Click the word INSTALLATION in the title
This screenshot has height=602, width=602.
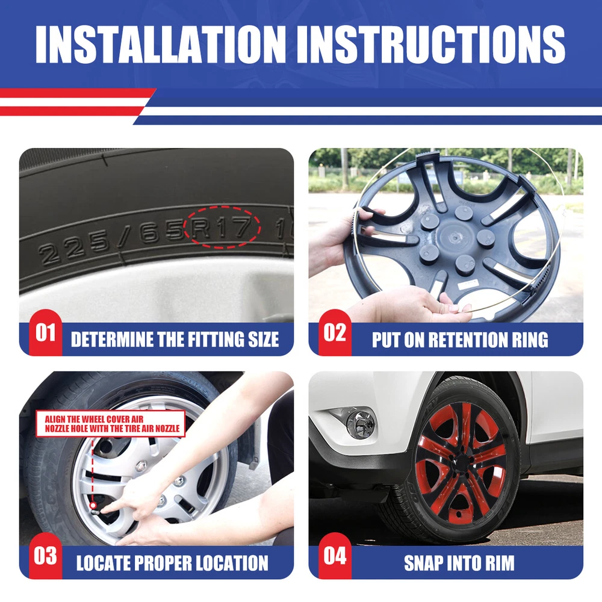pyautogui.click(x=161, y=44)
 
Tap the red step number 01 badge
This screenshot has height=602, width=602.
pyautogui.click(x=45, y=332)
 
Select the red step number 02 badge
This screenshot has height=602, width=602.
pyautogui.click(x=335, y=332)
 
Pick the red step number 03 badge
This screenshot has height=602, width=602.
pyautogui.click(x=45, y=556)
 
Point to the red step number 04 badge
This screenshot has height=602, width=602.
pyautogui.click(x=335, y=556)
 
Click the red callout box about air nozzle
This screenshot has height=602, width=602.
pyautogui.click(x=111, y=424)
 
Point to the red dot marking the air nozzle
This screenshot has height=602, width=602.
pyautogui.click(x=93, y=506)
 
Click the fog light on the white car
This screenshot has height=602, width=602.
pyautogui.click(x=360, y=424)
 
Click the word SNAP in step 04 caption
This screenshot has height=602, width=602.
pyautogui.click(x=423, y=563)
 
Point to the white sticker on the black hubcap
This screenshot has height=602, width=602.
pyautogui.click(x=469, y=285)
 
